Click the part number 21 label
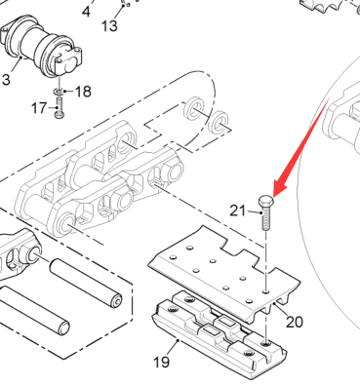(x=237, y=211)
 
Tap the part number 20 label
(x=295, y=322)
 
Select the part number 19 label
(x=161, y=362)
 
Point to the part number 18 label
(x=83, y=92)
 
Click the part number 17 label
(x=39, y=108)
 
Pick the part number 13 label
(x=109, y=26)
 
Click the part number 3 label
(x=6, y=79)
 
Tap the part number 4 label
(x=86, y=12)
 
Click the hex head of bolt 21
(x=266, y=201)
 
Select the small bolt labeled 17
(x=59, y=107)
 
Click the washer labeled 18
(x=59, y=92)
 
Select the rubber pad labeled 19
(x=219, y=334)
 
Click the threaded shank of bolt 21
(x=265, y=218)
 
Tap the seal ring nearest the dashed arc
(x=194, y=109)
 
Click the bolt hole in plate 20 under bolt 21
(x=266, y=291)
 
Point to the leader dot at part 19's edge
(x=178, y=340)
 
